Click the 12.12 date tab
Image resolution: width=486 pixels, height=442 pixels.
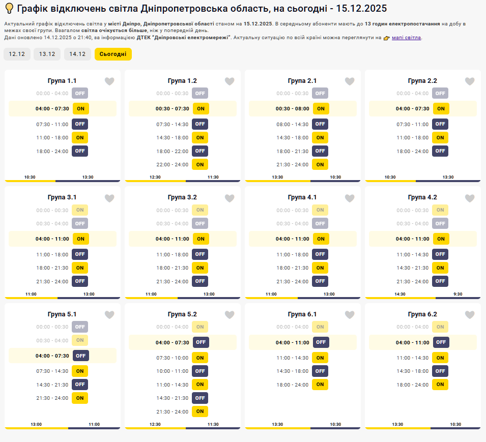[17, 54]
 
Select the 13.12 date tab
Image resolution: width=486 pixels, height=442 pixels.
[47, 54]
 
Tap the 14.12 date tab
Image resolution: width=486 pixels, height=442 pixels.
[77, 54]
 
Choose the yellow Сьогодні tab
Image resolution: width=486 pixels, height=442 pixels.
[113, 54]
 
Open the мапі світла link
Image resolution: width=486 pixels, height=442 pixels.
[406, 38]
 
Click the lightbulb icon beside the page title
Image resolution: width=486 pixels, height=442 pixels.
[9, 9]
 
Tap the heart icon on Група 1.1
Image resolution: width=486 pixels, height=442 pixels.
[109, 81]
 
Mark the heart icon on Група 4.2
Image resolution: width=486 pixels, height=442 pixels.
[470, 198]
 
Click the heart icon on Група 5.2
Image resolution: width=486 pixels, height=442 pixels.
[230, 315]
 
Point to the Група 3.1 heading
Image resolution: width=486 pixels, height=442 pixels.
[62, 197]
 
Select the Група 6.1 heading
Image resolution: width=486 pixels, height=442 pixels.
[302, 314]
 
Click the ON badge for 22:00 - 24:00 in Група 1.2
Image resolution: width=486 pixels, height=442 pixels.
[200, 164]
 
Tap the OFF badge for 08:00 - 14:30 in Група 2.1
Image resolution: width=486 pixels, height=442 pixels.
[320, 124]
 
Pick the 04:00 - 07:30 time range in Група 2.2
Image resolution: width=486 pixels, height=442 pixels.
[413, 108]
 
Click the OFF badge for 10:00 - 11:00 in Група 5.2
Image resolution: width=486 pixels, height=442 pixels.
[200, 371]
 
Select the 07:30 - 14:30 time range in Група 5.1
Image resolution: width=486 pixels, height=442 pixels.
[52, 371]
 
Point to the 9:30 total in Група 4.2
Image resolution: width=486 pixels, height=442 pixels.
[458, 294]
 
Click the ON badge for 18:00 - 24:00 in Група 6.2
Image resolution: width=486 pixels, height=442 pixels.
[440, 385]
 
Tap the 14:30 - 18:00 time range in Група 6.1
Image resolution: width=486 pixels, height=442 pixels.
[293, 371]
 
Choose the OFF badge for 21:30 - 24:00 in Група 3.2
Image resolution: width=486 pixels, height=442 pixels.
[200, 281]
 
